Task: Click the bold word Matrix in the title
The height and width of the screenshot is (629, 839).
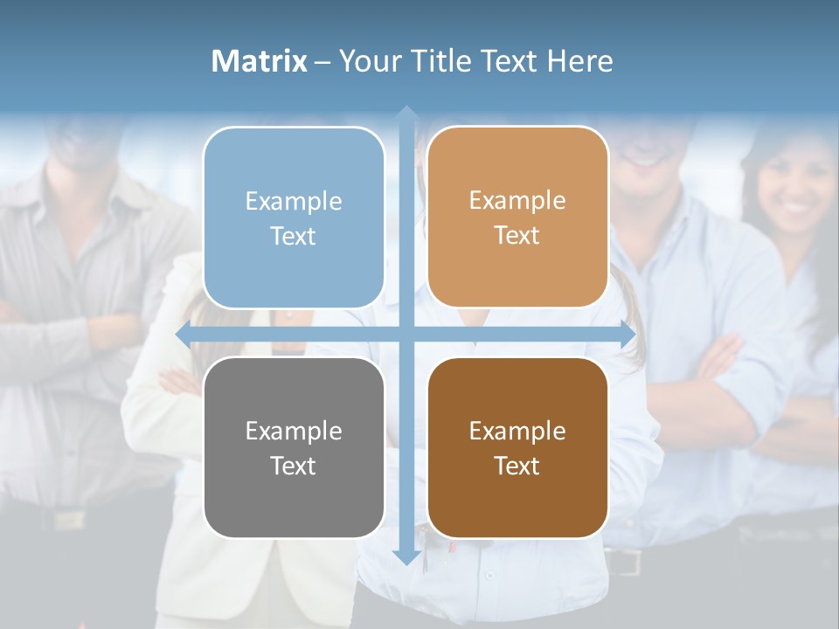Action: point(260,61)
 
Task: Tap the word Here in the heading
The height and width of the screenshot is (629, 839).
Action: point(580,61)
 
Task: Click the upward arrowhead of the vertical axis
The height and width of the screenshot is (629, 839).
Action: point(406,114)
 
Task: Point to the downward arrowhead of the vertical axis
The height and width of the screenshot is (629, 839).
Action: point(406,556)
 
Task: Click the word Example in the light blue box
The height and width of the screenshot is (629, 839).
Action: point(294,202)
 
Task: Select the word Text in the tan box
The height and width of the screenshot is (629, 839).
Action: point(517,236)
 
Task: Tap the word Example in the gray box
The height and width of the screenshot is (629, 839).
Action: point(294,432)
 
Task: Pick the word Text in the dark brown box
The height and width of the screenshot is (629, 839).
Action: point(517,467)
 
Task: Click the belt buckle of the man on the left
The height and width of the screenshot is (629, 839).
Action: point(67,519)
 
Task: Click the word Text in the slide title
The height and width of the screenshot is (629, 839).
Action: point(508,61)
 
